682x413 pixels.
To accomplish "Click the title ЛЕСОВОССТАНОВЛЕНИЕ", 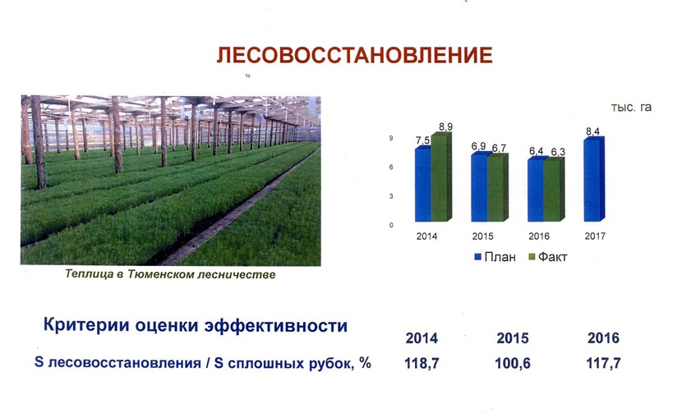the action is tap(354, 55).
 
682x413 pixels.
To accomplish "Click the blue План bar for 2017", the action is tap(594, 179).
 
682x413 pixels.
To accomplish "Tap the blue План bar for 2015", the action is tap(479, 187).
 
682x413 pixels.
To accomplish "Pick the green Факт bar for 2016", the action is tap(554, 189).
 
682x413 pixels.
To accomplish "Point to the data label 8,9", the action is tap(445, 126).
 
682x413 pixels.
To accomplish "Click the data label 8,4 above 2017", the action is tap(592, 131).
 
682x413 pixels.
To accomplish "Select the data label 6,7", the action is tap(499, 149).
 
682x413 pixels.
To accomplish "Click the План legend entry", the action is tap(495, 257).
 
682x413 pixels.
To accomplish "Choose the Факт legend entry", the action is tap(547, 257).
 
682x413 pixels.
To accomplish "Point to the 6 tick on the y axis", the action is tap(391, 167).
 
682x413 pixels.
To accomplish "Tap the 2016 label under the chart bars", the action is tap(539, 236).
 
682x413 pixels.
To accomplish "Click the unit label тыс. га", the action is tap(631, 108).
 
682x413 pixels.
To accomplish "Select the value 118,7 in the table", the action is tap(422, 363).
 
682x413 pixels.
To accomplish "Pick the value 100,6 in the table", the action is tap(513, 363).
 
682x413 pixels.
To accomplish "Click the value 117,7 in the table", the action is tap(603, 363).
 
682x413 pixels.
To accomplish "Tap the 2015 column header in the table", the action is tap(513, 337).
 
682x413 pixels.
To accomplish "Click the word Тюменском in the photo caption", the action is tap(160, 274).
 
